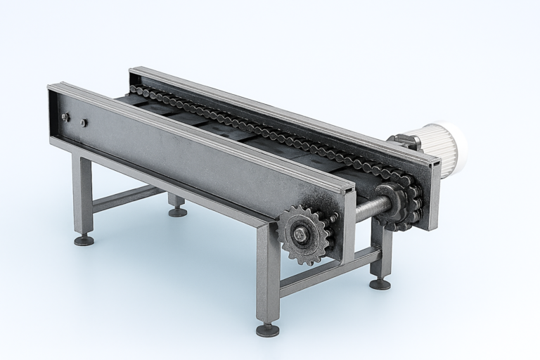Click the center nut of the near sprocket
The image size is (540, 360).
302,235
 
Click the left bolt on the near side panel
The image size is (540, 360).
65,117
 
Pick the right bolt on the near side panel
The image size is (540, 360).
83,122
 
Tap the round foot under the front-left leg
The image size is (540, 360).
84,240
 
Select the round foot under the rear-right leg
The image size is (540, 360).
380,283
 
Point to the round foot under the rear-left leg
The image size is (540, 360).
178,211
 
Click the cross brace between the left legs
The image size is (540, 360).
127,197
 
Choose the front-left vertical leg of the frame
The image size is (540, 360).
82,193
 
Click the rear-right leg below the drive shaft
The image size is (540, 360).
381,253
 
